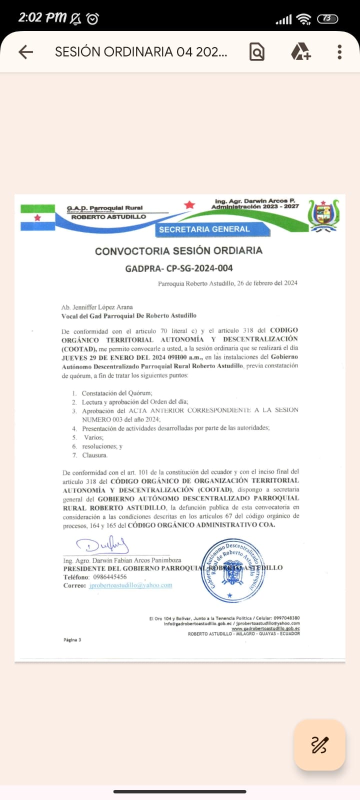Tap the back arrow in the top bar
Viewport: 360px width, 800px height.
point(25,52)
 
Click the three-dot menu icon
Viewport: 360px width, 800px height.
point(339,52)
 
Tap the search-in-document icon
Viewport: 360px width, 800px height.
point(256,52)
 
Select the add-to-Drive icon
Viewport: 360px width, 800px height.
point(300,52)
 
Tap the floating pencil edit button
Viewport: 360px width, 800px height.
point(319,745)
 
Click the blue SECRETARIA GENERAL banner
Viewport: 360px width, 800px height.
point(204,229)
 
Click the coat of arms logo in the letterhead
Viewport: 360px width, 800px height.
point(323,215)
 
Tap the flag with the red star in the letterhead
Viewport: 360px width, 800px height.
point(37,217)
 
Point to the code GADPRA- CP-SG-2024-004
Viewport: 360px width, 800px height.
point(179,268)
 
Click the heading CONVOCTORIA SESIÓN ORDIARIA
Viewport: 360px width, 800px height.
point(178,251)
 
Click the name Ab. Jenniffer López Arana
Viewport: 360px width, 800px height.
point(97,307)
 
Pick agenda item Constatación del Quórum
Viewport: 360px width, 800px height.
point(117,393)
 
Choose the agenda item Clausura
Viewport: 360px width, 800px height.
point(94,455)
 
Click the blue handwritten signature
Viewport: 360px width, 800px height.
point(102,545)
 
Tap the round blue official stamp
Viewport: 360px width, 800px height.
point(232,570)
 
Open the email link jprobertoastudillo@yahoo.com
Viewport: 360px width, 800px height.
point(130,585)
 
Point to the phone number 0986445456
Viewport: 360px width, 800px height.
point(110,576)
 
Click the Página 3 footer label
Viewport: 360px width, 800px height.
point(72,639)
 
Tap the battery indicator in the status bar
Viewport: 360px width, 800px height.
point(327,18)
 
